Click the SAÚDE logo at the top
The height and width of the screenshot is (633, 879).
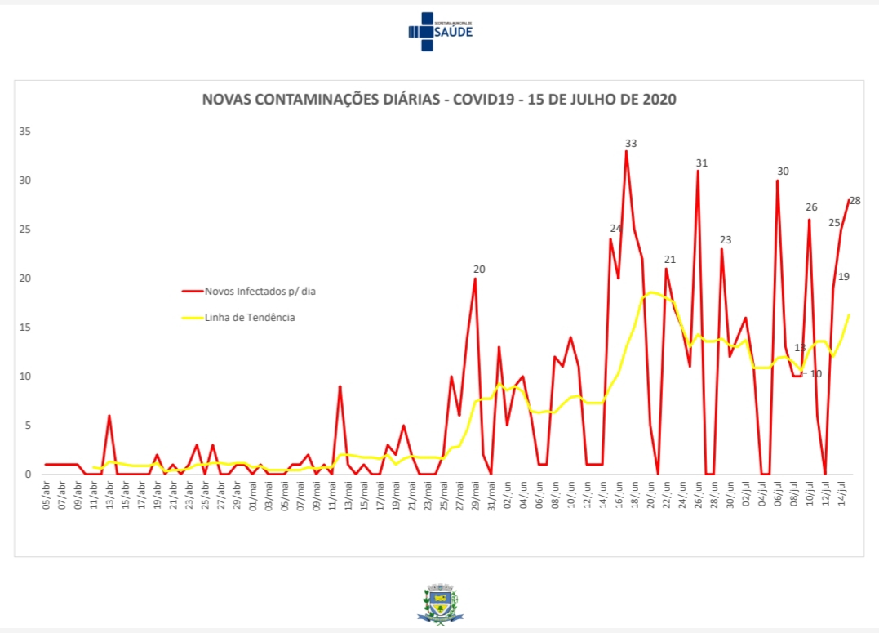point(440,31)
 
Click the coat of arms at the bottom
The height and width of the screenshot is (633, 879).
point(440,604)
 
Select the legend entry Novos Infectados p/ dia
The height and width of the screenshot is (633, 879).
point(254,289)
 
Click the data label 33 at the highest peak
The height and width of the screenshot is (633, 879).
point(630,143)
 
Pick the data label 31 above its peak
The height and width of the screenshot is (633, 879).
point(701,163)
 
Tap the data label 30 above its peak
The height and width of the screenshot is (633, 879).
point(783,171)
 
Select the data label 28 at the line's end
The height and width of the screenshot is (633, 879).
point(855,200)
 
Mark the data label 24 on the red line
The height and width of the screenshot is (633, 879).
point(615,228)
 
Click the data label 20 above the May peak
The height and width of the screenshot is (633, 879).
point(479,269)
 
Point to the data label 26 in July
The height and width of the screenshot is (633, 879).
point(811,207)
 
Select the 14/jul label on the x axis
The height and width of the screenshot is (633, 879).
point(841,497)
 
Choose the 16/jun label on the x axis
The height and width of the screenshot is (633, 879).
point(619,497)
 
